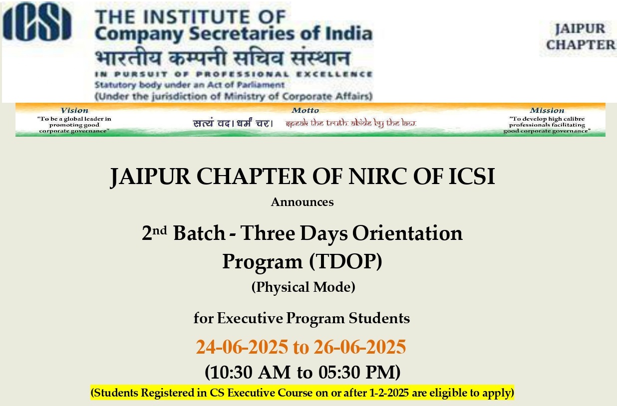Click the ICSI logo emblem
[x=37, y=21]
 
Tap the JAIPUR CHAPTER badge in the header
[x=581, y=37]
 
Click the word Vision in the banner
[x=74, y=110]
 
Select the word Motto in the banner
[x=305, y=110]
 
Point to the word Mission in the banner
[x=547, y=110]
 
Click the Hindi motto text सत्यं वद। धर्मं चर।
[x=233, y=123]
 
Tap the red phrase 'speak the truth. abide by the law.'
[x=351, y=123]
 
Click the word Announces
[x=302, y=202]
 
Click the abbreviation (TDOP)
[x=345, y=261]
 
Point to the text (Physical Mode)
[x=304, y=287]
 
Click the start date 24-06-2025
[x=242, y=347]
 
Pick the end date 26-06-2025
[x=360, y=347]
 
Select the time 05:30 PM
[x=357, y=373]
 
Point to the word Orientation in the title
[x=407, y=233]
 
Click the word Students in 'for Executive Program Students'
[x=379, y=318]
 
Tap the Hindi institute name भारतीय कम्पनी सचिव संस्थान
[x=223, y=58]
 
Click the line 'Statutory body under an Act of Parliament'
[x=190, y=85]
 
